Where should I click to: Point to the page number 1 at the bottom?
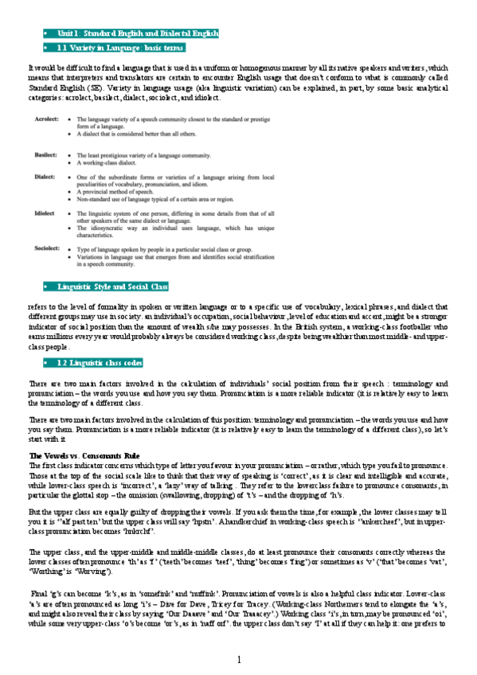point(239,660)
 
